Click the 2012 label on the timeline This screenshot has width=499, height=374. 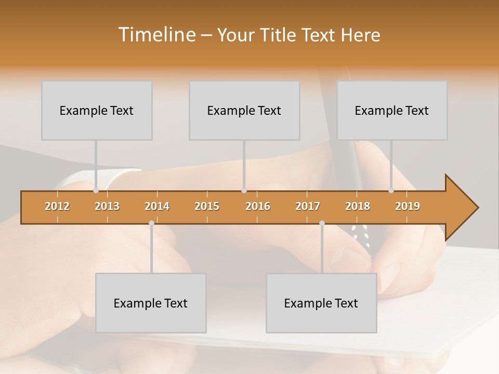click(x=57, y=206)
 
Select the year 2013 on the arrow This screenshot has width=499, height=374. click(x=107, y=206)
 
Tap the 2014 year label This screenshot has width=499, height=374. click(x=157, y=206)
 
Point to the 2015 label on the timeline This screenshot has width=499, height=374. click(x=207, y=206)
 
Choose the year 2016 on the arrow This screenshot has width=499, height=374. click(x=258, y=206)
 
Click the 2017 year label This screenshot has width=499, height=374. click(x=308, y=206)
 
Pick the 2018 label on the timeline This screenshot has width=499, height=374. click(x=358, y=206)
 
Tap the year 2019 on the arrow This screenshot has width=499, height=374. click(x=408, y=206)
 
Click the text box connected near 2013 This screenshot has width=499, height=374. click(x=97, y=110)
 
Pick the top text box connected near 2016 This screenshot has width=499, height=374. click(x=244, y=110)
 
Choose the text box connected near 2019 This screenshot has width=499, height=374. click(x=392, y=110)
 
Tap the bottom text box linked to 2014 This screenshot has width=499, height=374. click(x=151, y=303)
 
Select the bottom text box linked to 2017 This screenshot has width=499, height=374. click(x=321, y=303)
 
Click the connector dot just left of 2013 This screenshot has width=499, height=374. click(x=96, y=191)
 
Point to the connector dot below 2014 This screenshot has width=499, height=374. click(x=151, y=223)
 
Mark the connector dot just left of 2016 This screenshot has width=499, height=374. click(x=244, y=191)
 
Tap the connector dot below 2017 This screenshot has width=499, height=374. click(x=322, y=223)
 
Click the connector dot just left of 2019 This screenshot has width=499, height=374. click(x=391, y=191)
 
